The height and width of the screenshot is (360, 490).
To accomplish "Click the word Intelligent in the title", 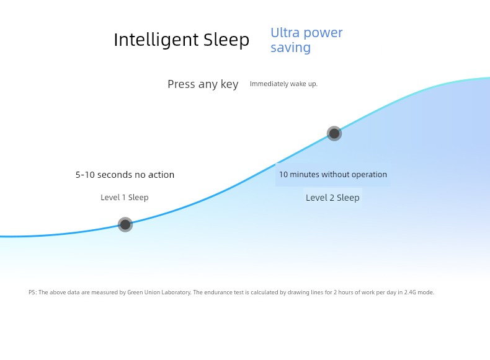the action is pyautogui.click(x=156, y=40).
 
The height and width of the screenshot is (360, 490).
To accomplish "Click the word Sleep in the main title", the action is pyautogui.click(x=226, y=40).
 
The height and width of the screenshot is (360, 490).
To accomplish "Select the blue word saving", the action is pyautogui.click(x=291, y=48).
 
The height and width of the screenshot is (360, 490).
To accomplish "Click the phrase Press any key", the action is pyautogui.click(x=203, y=84).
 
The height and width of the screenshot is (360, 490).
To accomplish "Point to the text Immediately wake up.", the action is pyautogui.click(x=283, y=84).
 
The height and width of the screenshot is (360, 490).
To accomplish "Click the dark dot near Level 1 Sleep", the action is pyautogui.click(x=125, y=224).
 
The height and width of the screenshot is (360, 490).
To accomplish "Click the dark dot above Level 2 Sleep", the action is pyautogui.click(x=334, y=134).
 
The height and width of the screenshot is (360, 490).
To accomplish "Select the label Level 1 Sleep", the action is pyautogui.click(x=125, y=197).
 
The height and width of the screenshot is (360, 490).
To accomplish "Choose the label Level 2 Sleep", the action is pyautogui.click(x=332, y=198).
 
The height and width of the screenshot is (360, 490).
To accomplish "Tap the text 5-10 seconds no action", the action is pyautogui.click(x=125, y=175).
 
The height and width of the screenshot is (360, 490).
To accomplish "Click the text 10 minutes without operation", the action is pyautogui.click(x=333, y=174).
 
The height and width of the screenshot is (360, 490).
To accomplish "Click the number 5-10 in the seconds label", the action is pyautogui.click(x=85, y=175).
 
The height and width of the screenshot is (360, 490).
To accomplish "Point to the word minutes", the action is pyautogui.click(x=305, y=174).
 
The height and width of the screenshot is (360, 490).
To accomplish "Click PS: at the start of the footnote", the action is pyautogui.click(x=32, y=292).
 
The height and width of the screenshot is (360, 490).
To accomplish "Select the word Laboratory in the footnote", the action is pyautogui.click(x=176, y=292).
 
